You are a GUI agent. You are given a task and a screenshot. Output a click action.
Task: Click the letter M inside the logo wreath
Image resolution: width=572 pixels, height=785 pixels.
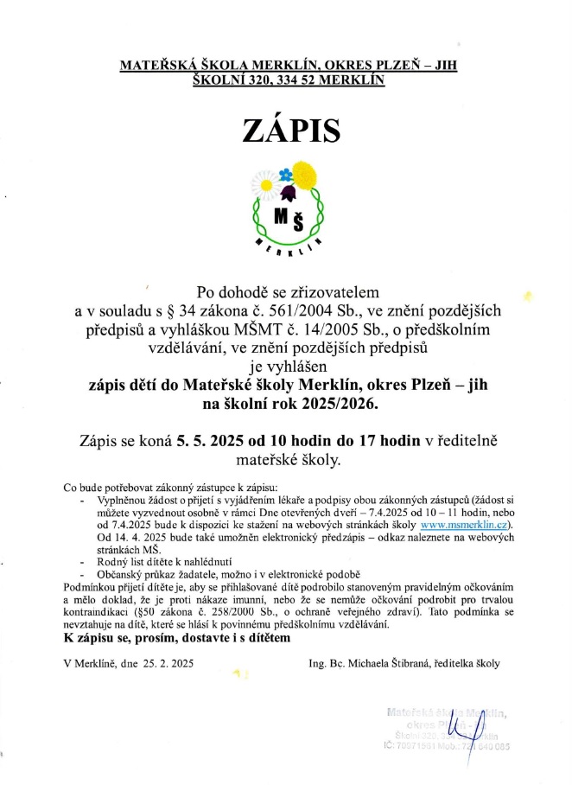[280, 216]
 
